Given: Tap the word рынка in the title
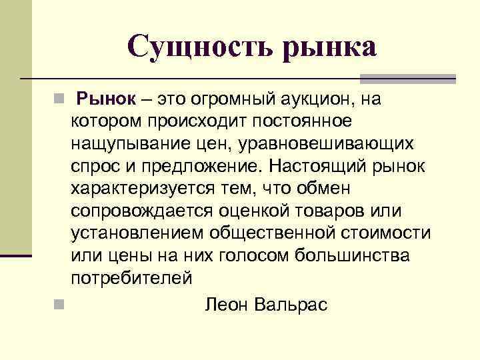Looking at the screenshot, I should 329,47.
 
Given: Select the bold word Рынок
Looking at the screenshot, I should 106,100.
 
